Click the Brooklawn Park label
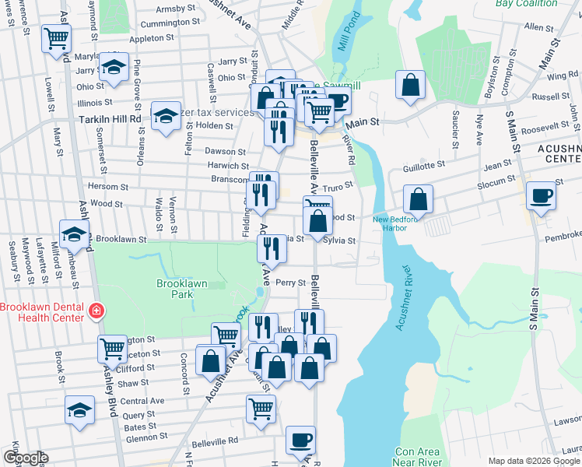coord(181,290)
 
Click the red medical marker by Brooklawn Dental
coord(96,311)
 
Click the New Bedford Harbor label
coord(401,224)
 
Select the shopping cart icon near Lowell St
coord(56,37)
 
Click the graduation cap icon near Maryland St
coord(114,67)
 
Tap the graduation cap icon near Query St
coord(79,409)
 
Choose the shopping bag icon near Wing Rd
coord(410,84)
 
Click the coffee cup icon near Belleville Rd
coord(300,440)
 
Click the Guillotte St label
coord(423,165)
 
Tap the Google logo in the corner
coord(25,458)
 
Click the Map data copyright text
coord(534,461)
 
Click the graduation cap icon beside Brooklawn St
coord(75,233)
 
